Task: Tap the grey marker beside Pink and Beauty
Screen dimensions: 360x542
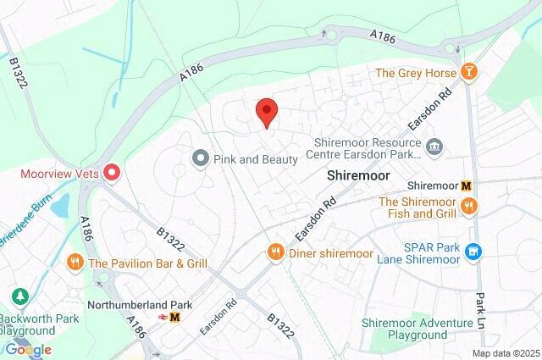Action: [201, 158]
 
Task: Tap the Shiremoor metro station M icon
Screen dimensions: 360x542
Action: [466, 186]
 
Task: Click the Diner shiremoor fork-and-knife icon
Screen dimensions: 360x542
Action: [275, 252]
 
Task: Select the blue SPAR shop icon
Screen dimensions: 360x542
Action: [474, 251]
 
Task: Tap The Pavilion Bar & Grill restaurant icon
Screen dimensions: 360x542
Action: [75, 263]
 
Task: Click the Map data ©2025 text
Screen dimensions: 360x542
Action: [505, 353]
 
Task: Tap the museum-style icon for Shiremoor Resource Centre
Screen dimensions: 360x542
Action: [434, 148]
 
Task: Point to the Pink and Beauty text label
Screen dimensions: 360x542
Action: [255, 158]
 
